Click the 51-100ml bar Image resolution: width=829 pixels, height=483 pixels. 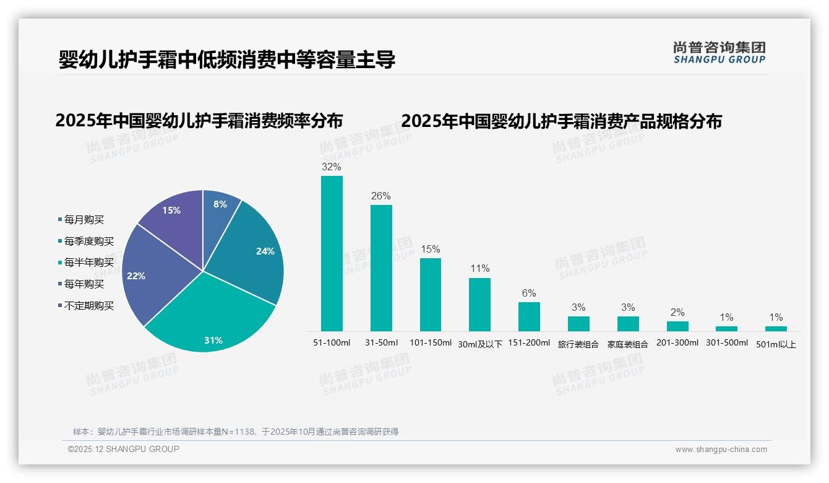pos(332,254)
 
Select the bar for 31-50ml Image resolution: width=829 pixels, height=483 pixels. pos(381,268)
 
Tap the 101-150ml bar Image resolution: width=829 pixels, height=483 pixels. pos(431,295)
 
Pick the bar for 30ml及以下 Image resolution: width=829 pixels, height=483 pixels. pos(479,305)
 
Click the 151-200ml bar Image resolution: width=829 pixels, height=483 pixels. pos(529,316)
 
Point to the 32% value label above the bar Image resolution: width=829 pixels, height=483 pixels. pos(332,167)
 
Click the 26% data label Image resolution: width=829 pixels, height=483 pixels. pos(381,196)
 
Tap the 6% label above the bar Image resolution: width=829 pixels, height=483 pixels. pos(529,293)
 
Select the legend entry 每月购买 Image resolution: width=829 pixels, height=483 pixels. pos(84,220)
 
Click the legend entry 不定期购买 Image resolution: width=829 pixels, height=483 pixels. pos(88,306)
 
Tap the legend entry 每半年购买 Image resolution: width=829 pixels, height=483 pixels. pos(88,263)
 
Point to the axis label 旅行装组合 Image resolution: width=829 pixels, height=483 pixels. pos(578,344)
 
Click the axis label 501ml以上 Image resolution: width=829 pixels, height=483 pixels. pos(776,344)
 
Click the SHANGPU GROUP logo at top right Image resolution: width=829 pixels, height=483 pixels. pos(719,53)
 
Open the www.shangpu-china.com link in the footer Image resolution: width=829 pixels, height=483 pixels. pos(721,450)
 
